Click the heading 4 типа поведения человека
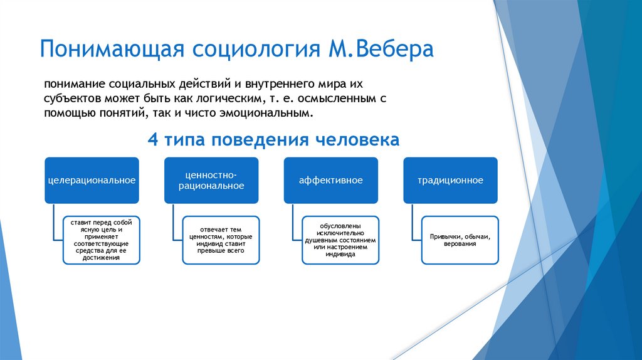273,139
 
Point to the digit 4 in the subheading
152,139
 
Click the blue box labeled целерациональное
92,180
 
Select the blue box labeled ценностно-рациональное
211,180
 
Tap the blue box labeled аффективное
331,180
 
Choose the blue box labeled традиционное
450,180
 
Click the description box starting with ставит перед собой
101,240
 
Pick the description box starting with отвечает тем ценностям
221,240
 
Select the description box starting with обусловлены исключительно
340,240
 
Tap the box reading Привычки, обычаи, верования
460,240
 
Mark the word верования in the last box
460,243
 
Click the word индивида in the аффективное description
340,255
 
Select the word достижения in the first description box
101,257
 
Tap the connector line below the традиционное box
412,221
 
